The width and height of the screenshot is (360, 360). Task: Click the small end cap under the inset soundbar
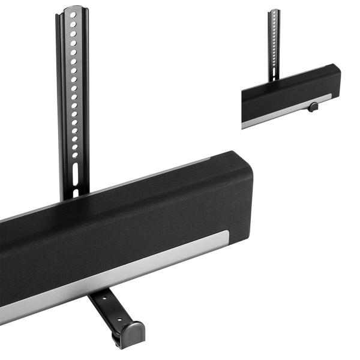pyautogui.click(x=313, y=107)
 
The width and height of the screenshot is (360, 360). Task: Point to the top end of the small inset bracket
pyautogui.click(x=274, y=11)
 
